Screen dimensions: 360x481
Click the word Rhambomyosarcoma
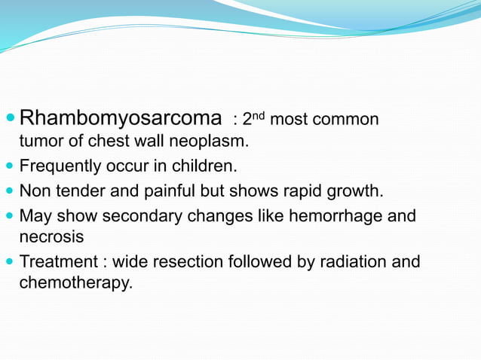pos(120,119)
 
